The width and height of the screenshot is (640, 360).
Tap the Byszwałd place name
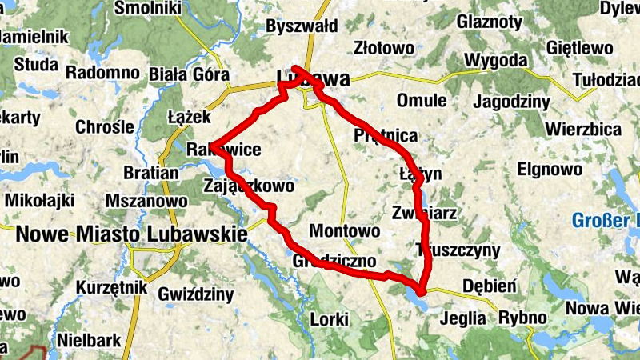pos(301,26)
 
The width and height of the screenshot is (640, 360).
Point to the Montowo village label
pos(344,230)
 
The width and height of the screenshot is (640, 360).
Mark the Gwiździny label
pos(196,294)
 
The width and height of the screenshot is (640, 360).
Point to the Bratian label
pos(151,172)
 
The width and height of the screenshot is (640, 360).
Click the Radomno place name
pos(102,73)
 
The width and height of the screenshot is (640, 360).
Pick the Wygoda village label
pos(496,60)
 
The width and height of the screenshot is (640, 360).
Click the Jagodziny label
pos(512,102)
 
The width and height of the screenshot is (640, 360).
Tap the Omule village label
pos(421,102)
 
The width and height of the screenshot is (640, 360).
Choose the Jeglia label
pos(462,318)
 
